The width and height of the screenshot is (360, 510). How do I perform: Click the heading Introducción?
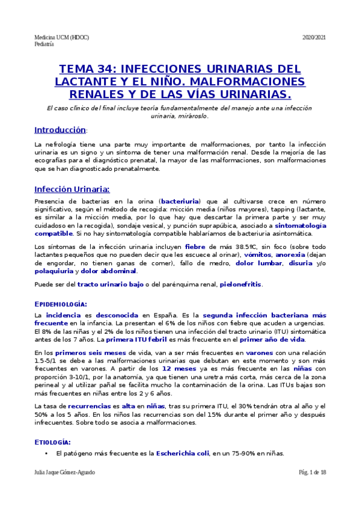pos(60,130)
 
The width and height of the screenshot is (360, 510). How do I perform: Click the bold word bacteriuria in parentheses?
pos(180,200)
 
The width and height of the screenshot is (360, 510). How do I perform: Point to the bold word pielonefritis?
pos(240,284)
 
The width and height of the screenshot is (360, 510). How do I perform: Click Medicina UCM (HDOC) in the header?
pos(62,37)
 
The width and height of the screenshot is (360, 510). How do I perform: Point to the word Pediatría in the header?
pos(44,44)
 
